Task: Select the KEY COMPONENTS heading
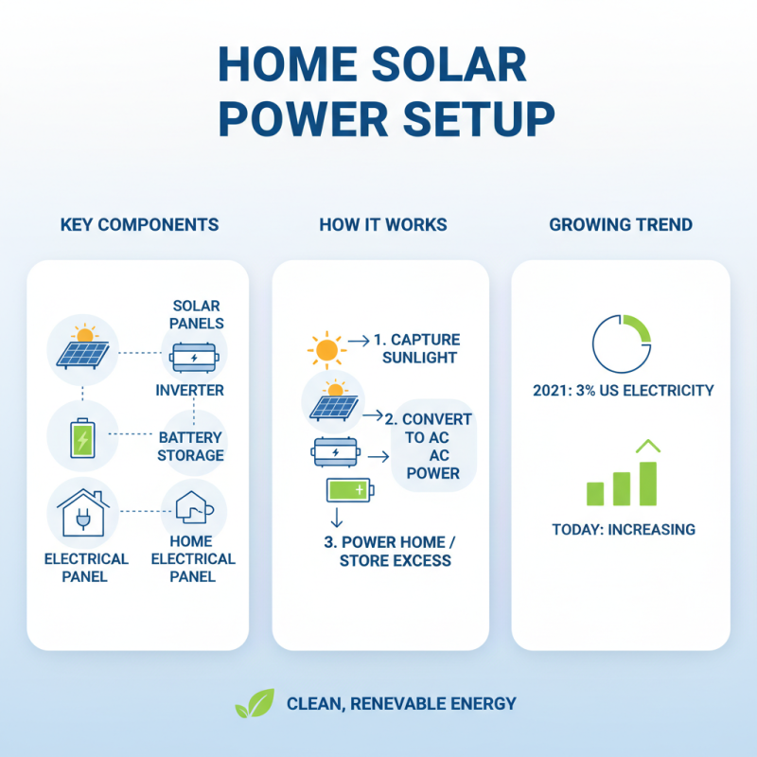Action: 139,225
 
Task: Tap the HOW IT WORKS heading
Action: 382,225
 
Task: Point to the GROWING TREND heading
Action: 621,225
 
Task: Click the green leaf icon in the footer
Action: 255,704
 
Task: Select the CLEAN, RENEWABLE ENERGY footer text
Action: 401,704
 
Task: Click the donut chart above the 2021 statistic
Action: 621,342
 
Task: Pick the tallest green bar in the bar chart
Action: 648,483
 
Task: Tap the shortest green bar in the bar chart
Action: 595,493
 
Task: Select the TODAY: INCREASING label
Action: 623,529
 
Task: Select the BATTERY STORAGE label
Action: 191,447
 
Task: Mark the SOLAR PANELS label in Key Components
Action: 197,314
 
